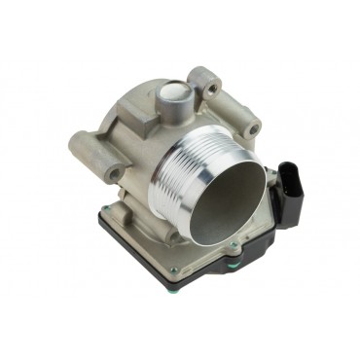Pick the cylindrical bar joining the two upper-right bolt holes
234,101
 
